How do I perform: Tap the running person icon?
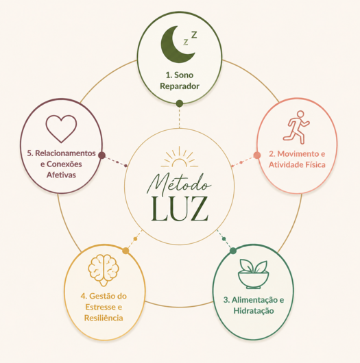pos(296,127)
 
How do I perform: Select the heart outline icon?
pos(61,129)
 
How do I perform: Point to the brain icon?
pos(104,270)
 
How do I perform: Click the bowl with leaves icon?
pos(253,274)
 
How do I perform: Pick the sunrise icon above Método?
pos(180,158)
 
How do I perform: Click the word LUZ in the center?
pos(180,209)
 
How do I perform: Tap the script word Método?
pos(179,184)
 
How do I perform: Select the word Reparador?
pos(180,86)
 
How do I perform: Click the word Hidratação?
pos(254,311)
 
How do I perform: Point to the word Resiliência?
pos(104,318)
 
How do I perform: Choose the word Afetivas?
pos(61,175)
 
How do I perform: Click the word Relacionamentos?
pos(65,153)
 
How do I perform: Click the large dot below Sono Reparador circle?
pos(180,103)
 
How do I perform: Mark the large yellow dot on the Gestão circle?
pos(125,251)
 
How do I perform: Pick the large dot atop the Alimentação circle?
pos(233,251)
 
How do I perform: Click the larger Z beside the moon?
pos(194,34)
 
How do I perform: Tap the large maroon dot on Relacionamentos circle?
pos(101,155)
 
